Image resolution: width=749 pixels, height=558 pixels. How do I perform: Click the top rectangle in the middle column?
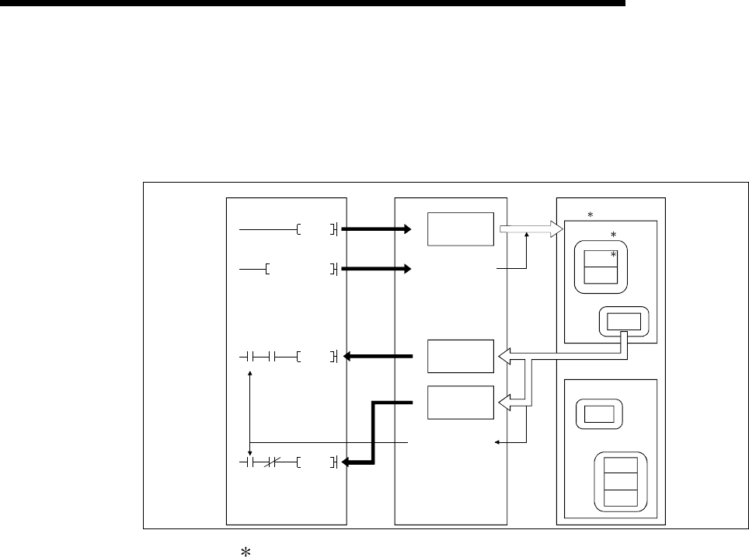tap(458, 229)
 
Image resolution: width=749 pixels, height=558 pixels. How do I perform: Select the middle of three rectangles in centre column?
tap(458, 357)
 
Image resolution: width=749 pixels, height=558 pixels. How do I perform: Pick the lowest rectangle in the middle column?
tap(458, 402)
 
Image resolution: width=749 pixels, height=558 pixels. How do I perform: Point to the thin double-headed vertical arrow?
tap(249, 413)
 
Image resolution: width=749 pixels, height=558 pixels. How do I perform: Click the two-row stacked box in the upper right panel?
tap(600, 268)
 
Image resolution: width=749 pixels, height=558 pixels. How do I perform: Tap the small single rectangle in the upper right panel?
tap(625, 320)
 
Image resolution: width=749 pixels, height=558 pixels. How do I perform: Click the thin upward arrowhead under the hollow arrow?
tap(527, 242)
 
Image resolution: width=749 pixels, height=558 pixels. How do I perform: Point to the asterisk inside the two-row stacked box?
tap(613, 254)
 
